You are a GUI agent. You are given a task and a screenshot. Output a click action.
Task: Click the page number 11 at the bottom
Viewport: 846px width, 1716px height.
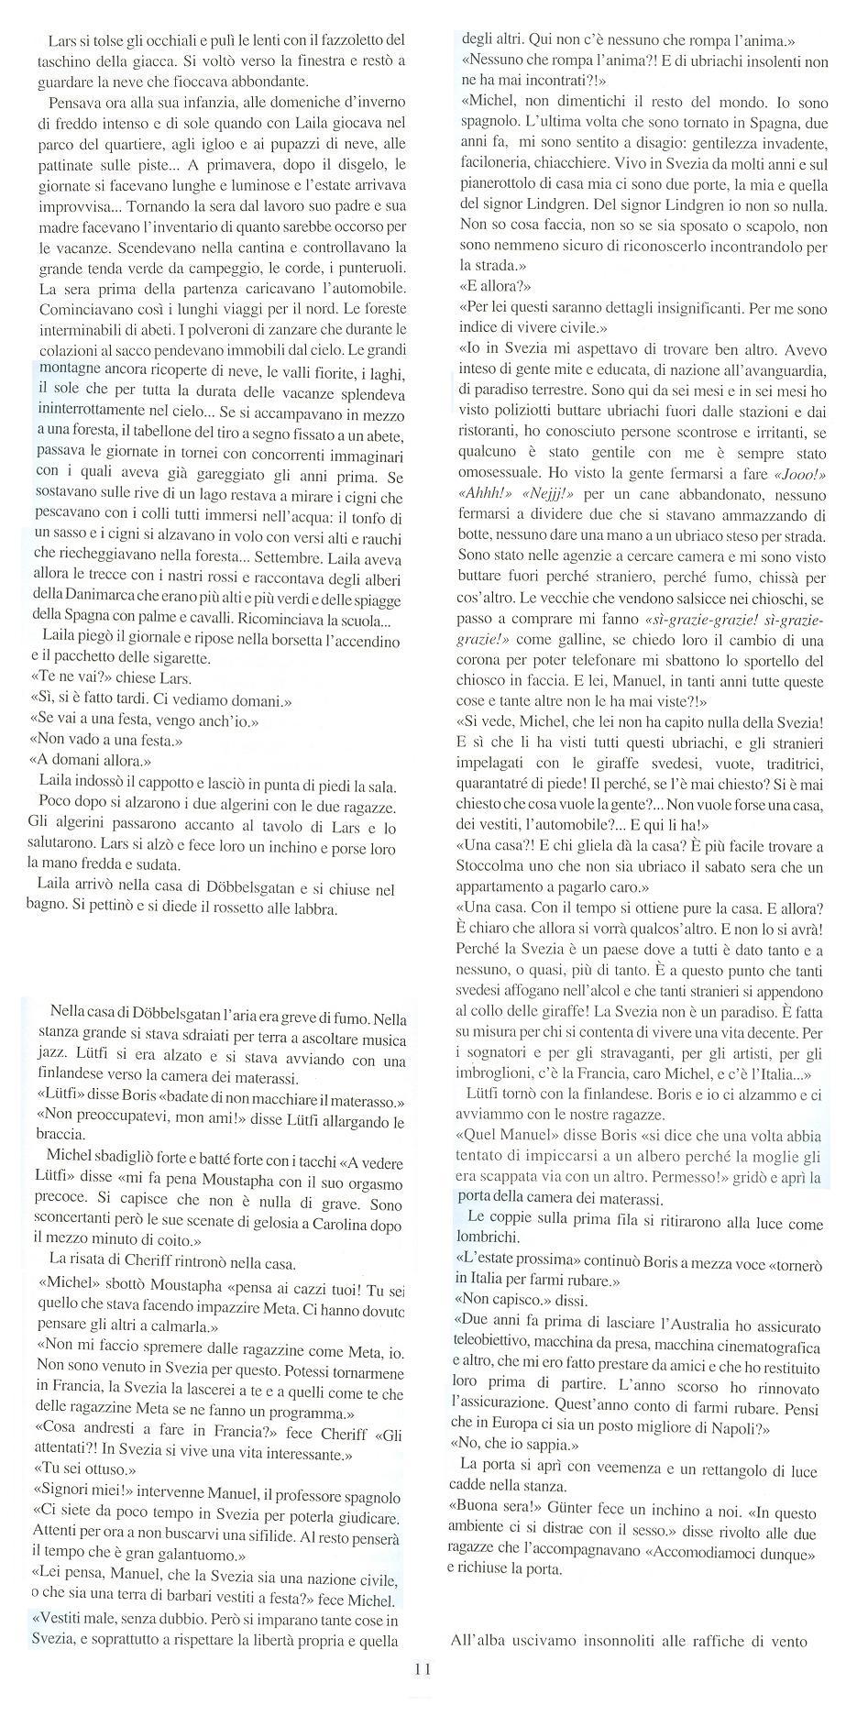(x=423, y=1668)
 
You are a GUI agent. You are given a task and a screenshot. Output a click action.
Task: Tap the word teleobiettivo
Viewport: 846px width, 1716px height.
(x=500, y=1336)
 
